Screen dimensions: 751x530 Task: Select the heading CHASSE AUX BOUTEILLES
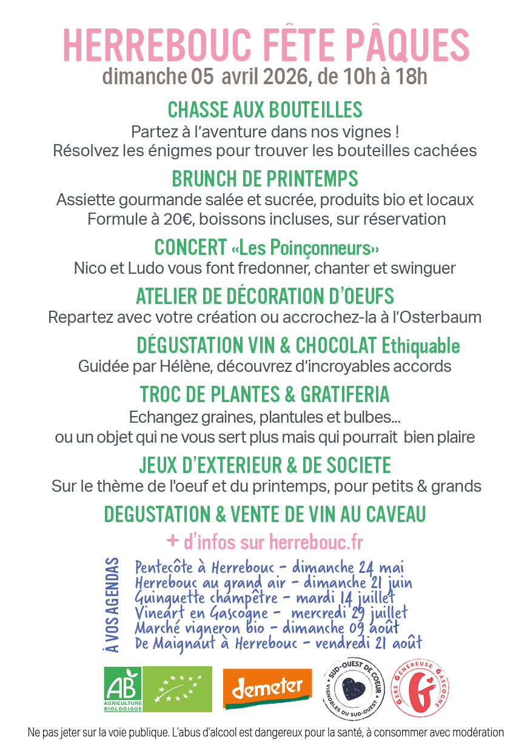(x=265, y=110)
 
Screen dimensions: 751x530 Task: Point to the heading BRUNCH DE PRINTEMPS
(x=265, y=179)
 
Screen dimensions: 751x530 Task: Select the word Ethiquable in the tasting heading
(x=420, y=346)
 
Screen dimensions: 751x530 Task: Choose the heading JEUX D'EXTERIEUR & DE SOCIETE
(x=265, y=465)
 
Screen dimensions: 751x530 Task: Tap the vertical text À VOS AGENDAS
(x=112, y=605)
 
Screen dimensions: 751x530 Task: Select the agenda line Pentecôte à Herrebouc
(x=204, y=568)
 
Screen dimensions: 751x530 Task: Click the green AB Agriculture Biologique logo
(x=122, y=689)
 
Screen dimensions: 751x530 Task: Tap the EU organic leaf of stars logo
(x=178, y=689)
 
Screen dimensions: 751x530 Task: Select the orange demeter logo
(x=267, y=688)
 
